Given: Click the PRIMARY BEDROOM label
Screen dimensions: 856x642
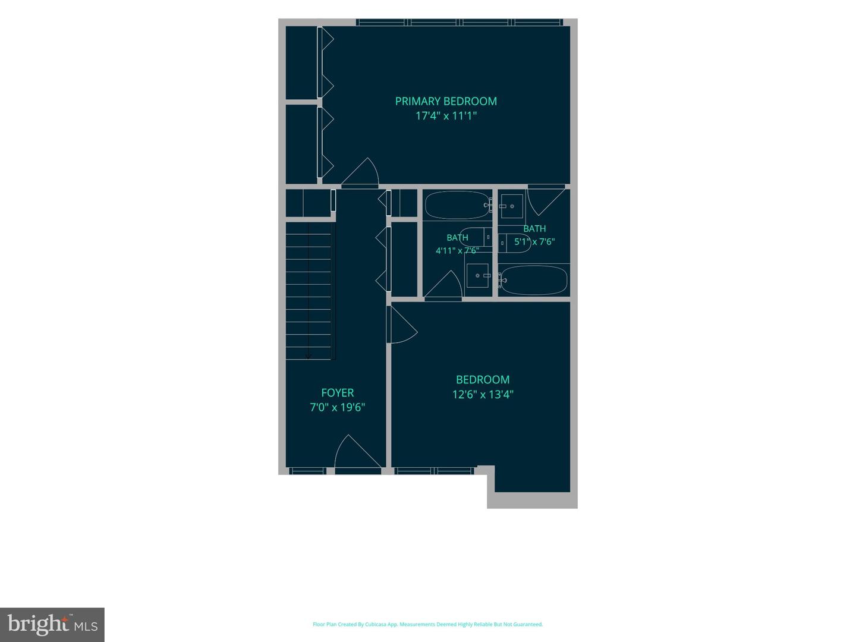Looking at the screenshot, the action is [x=446, y=101].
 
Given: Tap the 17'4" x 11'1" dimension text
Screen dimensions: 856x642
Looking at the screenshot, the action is [x=446, y=116].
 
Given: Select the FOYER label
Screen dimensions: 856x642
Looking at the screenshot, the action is [x=337, y=392].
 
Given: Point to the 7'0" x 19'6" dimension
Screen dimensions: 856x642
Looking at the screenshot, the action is [x=337, y=407].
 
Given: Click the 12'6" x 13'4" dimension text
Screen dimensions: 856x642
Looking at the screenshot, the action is [x=483, y=395].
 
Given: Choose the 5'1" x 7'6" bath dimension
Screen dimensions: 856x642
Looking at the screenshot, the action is [x=534, y=242].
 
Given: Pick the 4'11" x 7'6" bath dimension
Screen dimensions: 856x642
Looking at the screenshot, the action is [x=457, y=251].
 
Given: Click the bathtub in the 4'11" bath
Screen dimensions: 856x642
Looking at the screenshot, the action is [x=458, y=205].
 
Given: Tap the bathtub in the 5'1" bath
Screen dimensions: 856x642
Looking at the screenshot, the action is [x=533, y=280].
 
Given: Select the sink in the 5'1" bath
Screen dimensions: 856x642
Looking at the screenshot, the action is [x=512, y=206].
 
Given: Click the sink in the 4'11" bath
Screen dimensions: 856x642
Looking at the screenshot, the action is [x=478, y=276].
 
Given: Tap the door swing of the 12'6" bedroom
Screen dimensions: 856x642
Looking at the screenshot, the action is [x=402, y=325].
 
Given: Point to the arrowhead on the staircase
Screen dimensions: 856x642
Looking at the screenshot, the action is [x=309, y=356].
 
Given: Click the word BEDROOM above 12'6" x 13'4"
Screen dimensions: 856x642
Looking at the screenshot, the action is [x=483, y=380].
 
